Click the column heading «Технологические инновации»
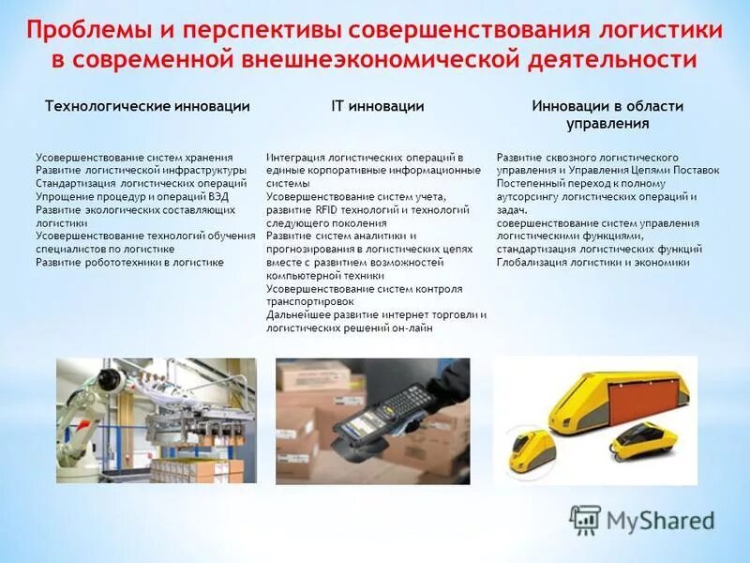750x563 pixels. point(147,107)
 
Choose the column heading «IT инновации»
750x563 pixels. point(378,107)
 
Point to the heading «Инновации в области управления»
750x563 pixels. point(607,114)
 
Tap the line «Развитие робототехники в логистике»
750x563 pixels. point(129,263)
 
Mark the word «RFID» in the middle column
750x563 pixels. point(327,210)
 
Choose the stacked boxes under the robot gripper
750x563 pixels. point(192,465)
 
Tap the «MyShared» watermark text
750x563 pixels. point(660,520)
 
